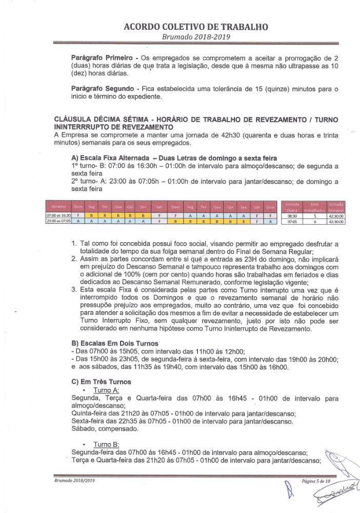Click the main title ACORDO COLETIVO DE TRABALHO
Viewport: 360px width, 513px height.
(196, 27)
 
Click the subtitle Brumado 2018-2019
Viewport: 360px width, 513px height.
(196, 37)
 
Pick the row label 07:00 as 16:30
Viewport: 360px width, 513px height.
(58, 216)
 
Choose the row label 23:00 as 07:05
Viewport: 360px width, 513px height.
(58, 222)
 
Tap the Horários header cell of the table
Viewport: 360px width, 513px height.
(58, 206)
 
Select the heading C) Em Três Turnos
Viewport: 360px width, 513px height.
(94, 382)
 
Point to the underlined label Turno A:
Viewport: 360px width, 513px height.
(106, 390)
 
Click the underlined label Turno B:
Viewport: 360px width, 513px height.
(106, 444)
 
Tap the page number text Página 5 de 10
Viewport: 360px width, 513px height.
(317, 481)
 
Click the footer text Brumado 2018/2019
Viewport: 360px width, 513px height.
(75, 480)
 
